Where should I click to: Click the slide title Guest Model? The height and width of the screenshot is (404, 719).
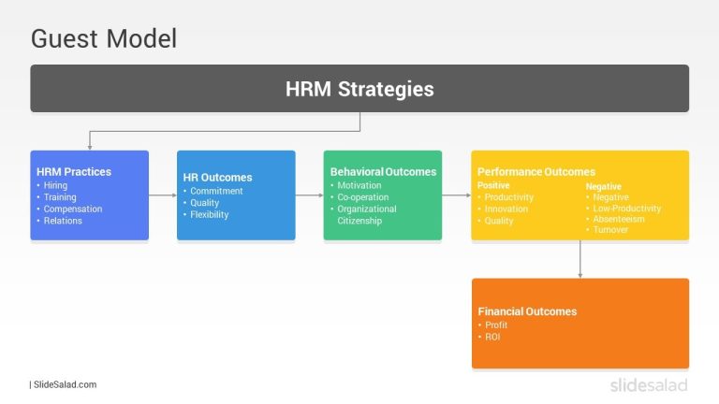104,39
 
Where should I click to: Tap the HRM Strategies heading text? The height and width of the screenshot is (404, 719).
359,89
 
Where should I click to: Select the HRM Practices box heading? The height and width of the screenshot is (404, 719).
74,172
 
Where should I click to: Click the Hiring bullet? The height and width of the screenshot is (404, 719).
55,186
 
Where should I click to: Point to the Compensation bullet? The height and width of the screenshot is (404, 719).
73,209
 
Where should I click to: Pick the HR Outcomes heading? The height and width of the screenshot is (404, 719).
217,178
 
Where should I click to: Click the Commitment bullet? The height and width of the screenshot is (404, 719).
216,191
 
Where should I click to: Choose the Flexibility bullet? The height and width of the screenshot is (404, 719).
209,214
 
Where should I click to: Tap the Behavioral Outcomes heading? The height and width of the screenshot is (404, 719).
383,172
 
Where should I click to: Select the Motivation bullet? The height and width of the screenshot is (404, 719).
359,185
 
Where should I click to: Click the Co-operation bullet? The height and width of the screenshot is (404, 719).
364,197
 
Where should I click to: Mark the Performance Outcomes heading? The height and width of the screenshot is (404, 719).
536,172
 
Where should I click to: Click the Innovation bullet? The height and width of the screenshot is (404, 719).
506,209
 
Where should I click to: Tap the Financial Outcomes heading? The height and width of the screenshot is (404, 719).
527,311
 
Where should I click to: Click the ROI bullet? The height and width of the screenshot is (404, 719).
492,337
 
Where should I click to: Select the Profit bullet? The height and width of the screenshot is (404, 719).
496,325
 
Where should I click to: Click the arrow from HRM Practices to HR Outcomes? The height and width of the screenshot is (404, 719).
162,195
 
